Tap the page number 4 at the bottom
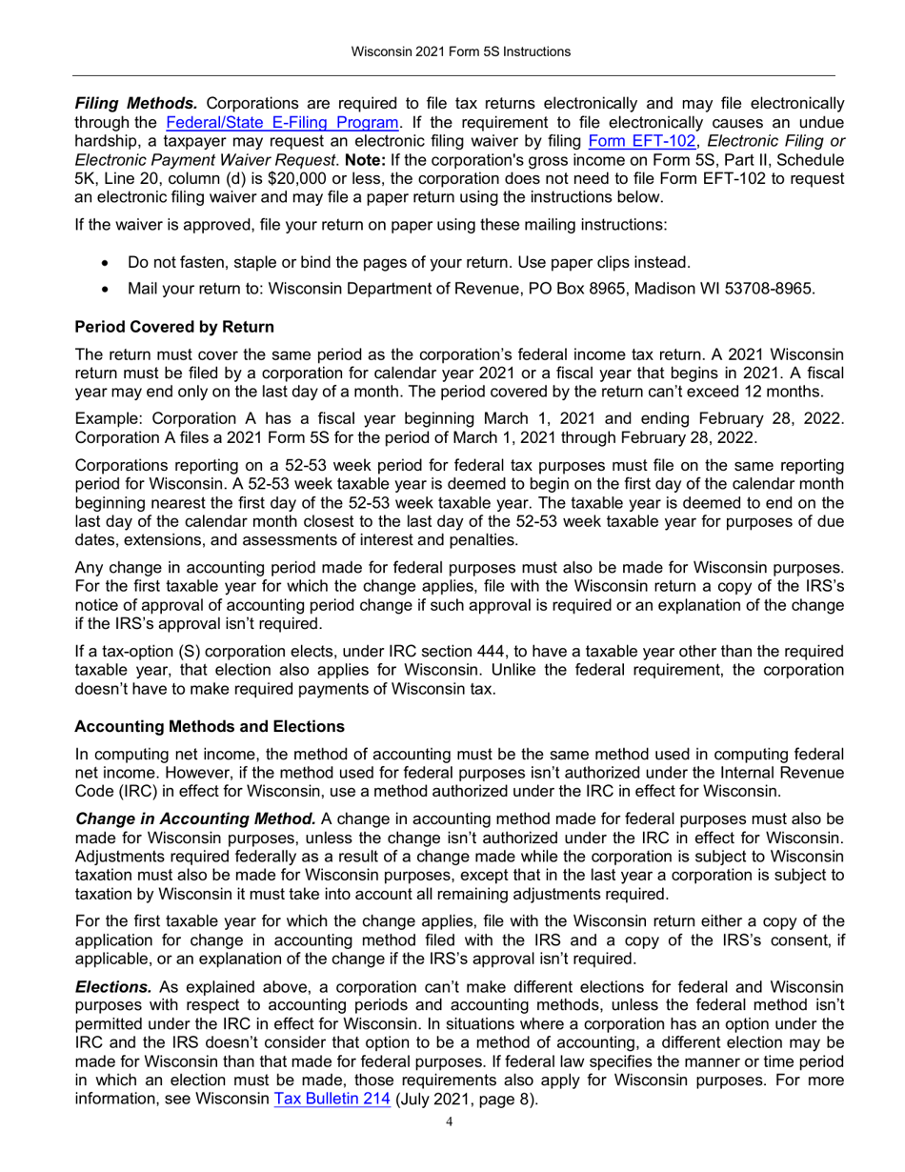452,1121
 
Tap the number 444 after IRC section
438,651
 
